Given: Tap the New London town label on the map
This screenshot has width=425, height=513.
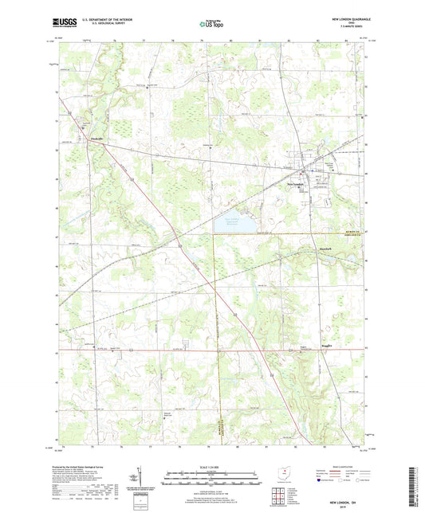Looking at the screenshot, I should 297,180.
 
